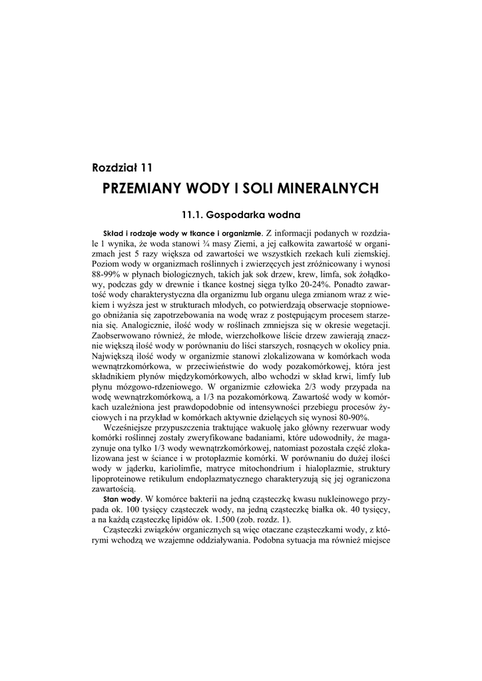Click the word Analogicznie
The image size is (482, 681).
pos(144,324)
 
